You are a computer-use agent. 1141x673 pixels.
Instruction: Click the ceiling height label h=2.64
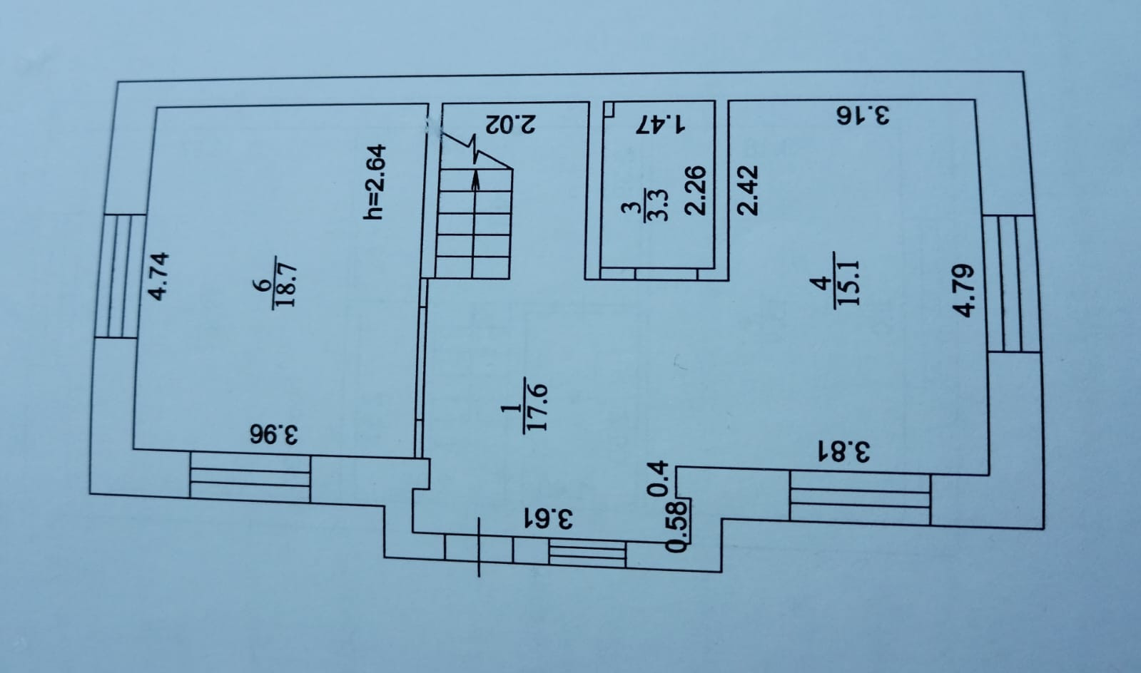click(x=375, y=182)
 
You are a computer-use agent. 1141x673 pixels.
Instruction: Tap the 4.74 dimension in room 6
click(x=157, y=276)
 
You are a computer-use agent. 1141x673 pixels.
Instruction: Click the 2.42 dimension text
click(x=747, y=190)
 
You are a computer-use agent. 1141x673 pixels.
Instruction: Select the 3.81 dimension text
click(x=844, y=452)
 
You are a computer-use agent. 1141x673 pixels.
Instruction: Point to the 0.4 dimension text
click(x=660, y=478)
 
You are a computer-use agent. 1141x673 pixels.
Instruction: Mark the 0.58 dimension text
click(x=676, y=526)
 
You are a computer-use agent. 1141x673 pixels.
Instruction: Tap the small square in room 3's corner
click(x=610, y=110)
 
